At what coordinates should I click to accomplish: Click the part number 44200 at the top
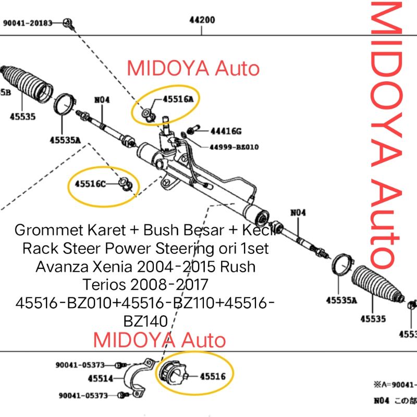pos(202,21)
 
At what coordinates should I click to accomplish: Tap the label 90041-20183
pos(28,23)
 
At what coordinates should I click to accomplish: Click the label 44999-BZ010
pos(234,147)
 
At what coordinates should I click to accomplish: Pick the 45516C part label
pos(90,183)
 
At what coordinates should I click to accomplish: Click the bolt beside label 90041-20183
pos(67,22)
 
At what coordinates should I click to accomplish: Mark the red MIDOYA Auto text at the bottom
pos(160,340)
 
